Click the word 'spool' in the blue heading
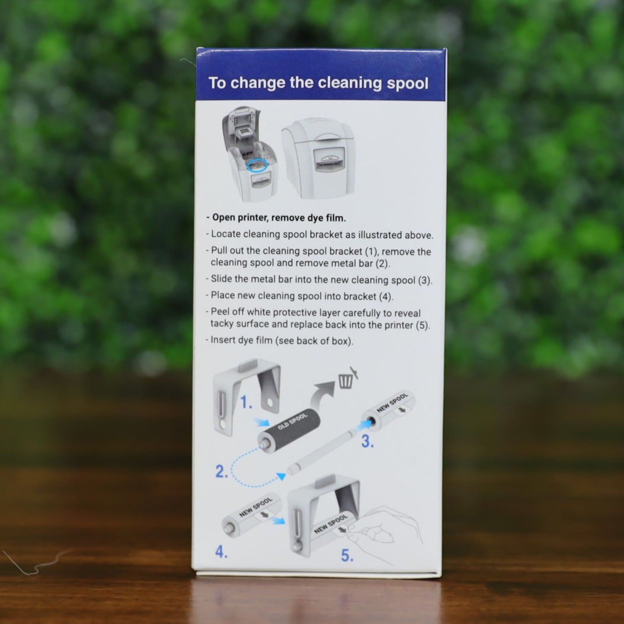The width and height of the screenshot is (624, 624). tap(407, 84)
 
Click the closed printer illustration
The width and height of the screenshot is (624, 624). tap(318, 158)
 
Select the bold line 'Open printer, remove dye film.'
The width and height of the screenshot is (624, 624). tap(276, 218)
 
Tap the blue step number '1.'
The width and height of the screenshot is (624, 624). tap(246, 402)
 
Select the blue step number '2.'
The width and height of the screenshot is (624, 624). tap(222, 472)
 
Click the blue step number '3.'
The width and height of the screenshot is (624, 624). tap(367, 441)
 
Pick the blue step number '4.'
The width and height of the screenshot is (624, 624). tap(222, 552)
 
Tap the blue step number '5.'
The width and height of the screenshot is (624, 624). tap(347, 555)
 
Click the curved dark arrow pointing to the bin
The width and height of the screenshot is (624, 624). tap(322, 393)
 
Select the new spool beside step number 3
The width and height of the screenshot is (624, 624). tap(389, 411)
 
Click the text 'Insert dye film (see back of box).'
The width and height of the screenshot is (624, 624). tap(282, 341)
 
